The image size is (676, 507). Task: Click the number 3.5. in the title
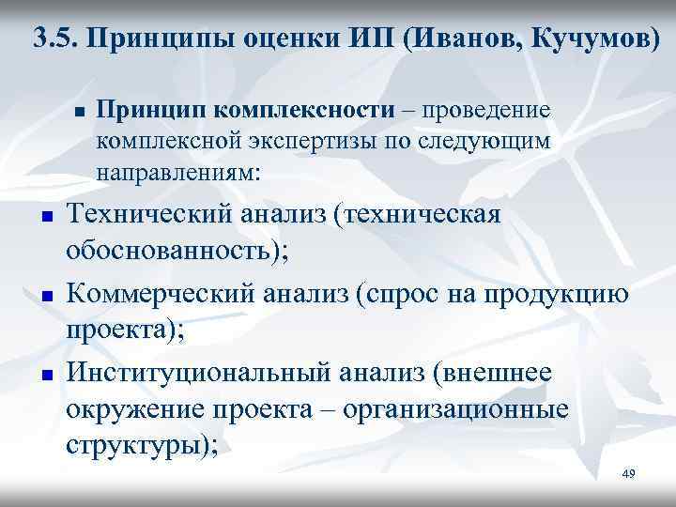(55, 39)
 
